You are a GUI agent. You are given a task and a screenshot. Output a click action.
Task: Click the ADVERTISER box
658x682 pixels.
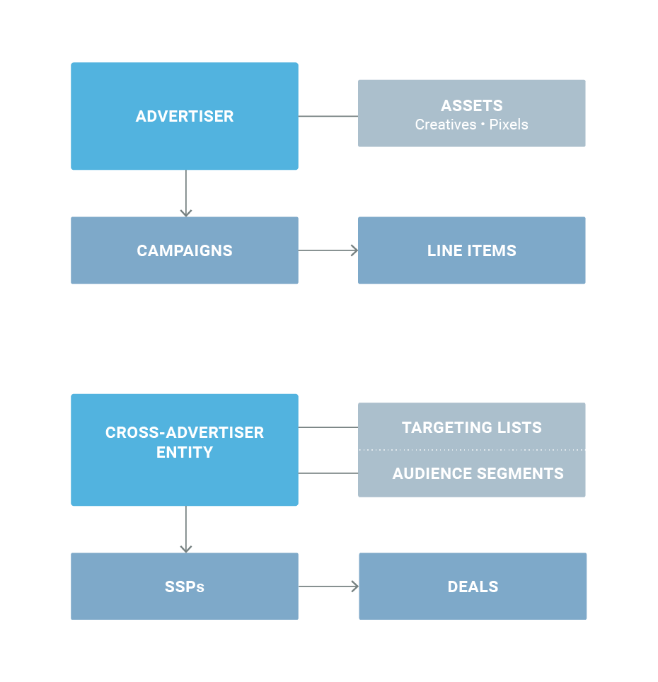point(185,116)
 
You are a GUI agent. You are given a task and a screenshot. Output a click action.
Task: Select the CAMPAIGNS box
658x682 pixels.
point(185,250)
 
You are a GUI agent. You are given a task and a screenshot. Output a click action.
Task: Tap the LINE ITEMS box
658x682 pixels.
point(471,250)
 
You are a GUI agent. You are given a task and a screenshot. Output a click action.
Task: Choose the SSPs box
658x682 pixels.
point(185,586)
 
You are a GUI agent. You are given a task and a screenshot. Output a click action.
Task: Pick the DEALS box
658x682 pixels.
point(473,586)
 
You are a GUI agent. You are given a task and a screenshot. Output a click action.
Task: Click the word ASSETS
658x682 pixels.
point(472,105)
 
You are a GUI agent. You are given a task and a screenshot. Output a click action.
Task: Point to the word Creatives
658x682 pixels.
point(446,125)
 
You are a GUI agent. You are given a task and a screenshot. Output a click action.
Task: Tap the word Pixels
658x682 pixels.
point(509,125)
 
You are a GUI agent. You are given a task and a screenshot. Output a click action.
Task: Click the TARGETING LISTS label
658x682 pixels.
point(472,427)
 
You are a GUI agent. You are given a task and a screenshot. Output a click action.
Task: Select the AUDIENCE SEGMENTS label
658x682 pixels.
point(478,473)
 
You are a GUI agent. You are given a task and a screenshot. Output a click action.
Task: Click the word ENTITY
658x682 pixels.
point(185,453)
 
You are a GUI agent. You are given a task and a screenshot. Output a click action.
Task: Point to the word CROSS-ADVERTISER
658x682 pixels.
point(185,433)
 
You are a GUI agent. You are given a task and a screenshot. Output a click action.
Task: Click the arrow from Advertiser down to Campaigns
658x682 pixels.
point(186,193)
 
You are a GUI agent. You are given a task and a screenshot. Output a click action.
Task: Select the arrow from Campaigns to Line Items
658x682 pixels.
point(328,250)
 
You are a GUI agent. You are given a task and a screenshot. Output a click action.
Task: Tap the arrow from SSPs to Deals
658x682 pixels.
point(329,586)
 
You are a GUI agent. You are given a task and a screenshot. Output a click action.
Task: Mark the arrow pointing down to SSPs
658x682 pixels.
point(186,529)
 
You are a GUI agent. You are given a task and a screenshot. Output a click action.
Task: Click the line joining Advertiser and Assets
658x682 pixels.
point(328,116)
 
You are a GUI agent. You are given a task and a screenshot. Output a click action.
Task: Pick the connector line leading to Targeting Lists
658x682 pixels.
point(328,427)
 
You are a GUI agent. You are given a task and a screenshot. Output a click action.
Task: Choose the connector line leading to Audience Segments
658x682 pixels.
point(328,473)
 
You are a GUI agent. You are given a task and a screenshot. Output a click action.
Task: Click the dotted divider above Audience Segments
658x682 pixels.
point(472,450)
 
